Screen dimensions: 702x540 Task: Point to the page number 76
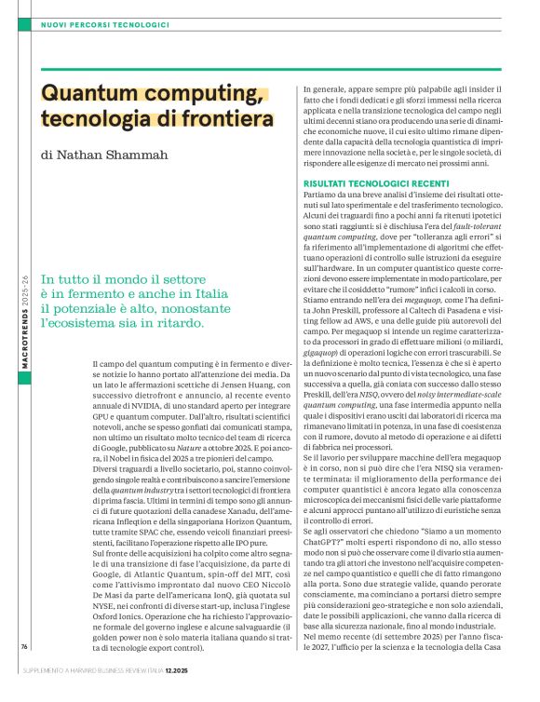click(23, 645)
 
